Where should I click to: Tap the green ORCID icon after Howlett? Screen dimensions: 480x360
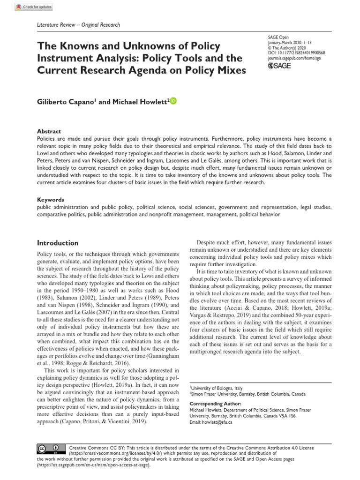173,100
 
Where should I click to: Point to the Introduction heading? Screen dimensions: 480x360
58,243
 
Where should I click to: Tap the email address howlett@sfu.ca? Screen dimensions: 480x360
217,422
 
